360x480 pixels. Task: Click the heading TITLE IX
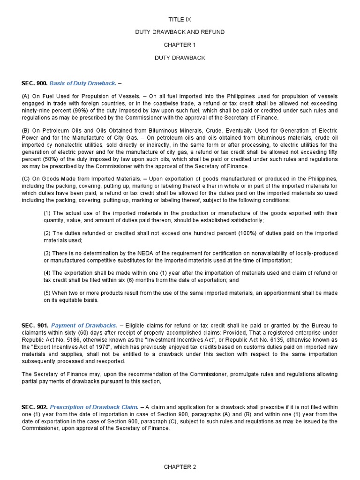pos(180,20)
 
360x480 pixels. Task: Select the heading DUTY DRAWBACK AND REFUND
pos(180,32)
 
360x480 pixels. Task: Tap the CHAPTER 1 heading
pos(180,45)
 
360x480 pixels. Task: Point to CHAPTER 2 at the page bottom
pos(180,467)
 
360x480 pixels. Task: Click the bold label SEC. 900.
pos(34,83)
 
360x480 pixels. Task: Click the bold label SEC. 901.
pos(34,325)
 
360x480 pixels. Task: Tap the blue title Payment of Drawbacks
pos(84,325)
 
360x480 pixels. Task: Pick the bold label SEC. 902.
pos(34,407)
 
